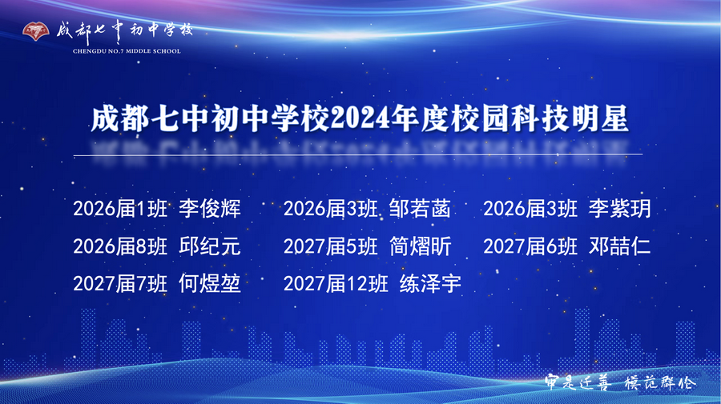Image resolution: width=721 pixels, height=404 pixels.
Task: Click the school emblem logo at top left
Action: tap(35, 32)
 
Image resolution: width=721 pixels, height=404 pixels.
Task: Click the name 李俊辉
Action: tap(210, 210)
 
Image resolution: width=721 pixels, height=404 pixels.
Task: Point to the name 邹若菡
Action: tap(420, 210)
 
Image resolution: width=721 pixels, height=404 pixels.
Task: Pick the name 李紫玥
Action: tap(619, 210)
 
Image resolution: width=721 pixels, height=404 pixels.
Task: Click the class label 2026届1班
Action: tap(120, 210)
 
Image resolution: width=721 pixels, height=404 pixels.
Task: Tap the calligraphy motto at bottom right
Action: tap(619, 382)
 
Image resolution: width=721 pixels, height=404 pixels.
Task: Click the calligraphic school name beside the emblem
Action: tap(124, 30)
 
